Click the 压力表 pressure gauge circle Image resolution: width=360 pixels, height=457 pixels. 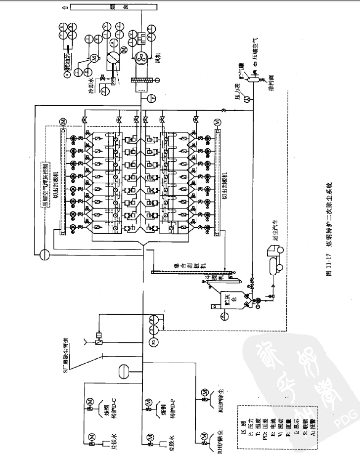click(247, 99)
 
